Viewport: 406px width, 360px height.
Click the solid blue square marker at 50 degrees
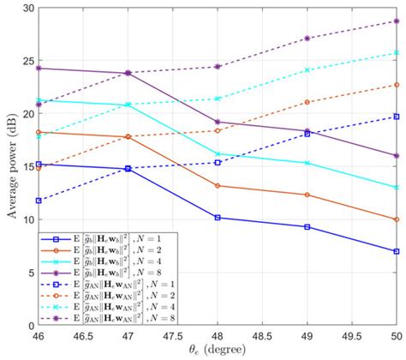397,251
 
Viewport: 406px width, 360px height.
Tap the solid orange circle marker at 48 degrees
218,186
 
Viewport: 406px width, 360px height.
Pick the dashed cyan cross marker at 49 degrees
307,70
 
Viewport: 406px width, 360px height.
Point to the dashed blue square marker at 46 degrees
39,201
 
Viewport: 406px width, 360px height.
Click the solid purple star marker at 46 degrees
39,68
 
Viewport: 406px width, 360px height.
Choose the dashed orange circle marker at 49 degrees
307,102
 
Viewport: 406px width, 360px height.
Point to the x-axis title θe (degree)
218,351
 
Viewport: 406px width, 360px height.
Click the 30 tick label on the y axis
25,8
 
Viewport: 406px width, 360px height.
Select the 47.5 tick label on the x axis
173,338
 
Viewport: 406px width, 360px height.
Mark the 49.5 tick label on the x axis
351,338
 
